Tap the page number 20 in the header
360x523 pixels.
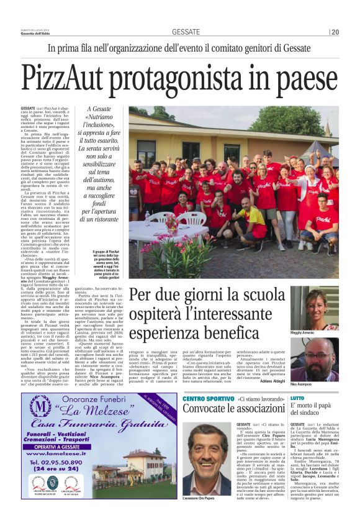335,32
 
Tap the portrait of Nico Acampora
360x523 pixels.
314,358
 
